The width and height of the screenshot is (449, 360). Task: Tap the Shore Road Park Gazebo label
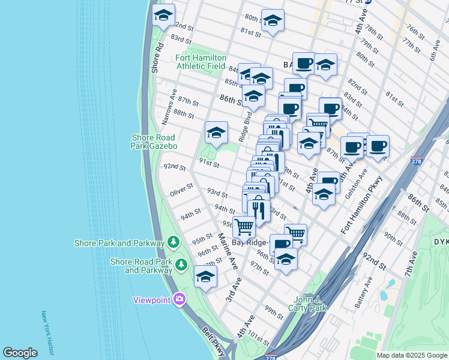click(154, 142)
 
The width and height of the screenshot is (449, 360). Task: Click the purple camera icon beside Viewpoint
click(179, 299)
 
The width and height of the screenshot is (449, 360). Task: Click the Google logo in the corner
click(20, 353)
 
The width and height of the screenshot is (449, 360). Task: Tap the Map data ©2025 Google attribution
click(411, 355)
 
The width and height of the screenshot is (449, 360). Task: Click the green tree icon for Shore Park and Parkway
click(173, 242)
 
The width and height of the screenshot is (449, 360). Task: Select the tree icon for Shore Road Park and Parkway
click(181, 263)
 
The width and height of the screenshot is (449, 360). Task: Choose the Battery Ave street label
click(364, 292)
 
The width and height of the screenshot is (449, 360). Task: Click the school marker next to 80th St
click(273, 21)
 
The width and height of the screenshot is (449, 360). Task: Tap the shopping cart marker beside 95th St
click(244, 227)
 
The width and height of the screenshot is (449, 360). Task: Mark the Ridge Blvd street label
click(244, 128)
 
